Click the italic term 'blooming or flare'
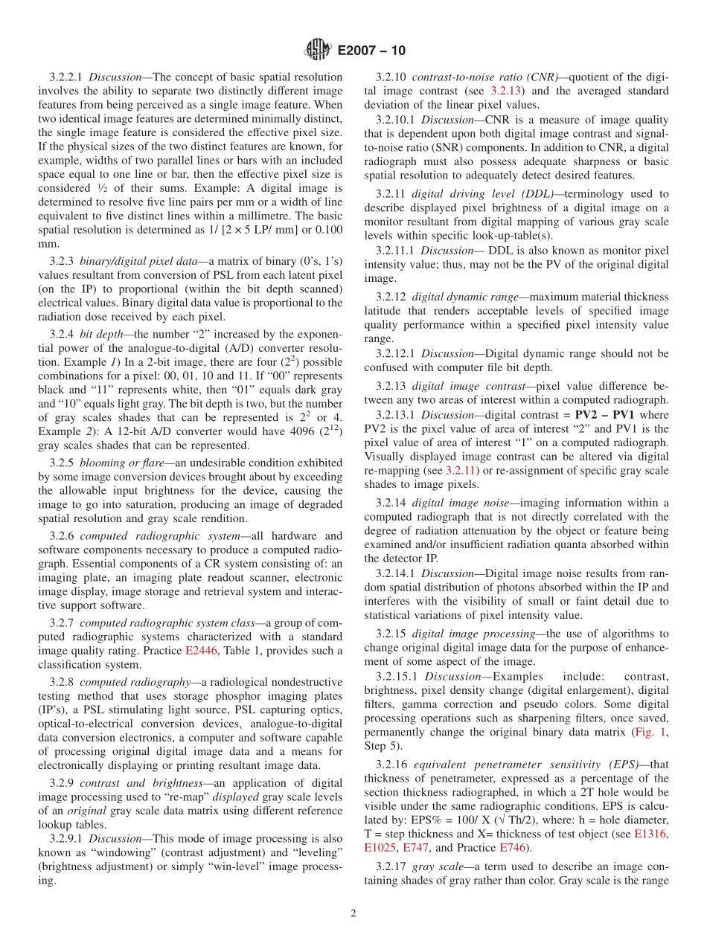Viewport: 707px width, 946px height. [123, 463]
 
